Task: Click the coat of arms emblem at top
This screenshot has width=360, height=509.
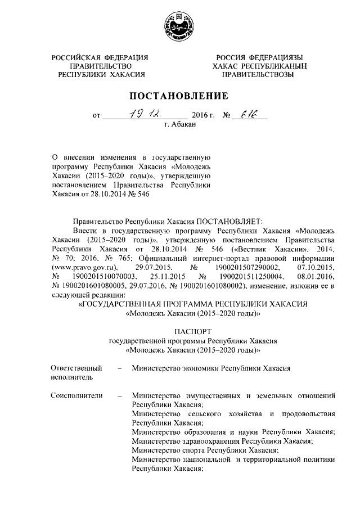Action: (x=179, y=26)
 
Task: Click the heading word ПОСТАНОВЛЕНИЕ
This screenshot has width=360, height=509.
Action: (x=180, y=96)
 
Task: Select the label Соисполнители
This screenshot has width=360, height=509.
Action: (x=76, y=396)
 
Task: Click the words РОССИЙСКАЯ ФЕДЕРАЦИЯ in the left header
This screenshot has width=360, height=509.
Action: (x=100, y=58)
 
